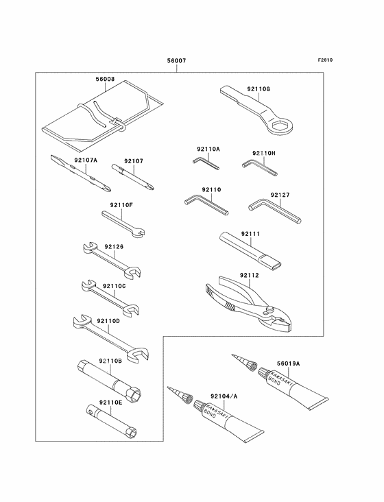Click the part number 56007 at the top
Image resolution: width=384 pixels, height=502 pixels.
(176, 60)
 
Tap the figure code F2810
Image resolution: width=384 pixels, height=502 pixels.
(325, 60)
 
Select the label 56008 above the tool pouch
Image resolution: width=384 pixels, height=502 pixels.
(105, 79)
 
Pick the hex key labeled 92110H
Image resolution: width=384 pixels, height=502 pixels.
(259, 169)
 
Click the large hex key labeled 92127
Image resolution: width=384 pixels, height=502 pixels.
(274, 211)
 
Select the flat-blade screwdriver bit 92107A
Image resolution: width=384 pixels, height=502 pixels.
(81, 174)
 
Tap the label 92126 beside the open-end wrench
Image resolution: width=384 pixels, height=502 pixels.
(114, 247)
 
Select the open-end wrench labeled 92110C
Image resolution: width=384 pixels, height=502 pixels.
(110, 298)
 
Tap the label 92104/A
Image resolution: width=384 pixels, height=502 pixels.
(224, 396)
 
